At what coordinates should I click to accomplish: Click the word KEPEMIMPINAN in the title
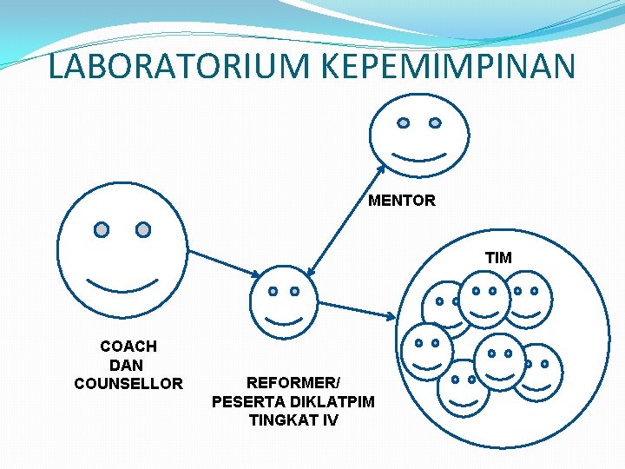(437, 67)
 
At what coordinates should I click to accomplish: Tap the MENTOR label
(402, 201)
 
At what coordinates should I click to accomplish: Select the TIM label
(498, 257)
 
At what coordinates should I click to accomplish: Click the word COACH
(128, 347)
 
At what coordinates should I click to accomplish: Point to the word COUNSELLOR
(128, 383)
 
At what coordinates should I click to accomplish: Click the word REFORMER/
(293, 382)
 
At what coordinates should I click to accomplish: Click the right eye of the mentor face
(435, 123)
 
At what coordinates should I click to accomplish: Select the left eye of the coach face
(102, 229)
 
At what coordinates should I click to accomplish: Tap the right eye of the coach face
(143, 229)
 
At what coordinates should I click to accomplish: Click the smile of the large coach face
(122, 286)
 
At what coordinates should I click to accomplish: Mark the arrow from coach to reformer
(223, 264)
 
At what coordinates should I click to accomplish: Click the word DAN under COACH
(127, 365)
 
